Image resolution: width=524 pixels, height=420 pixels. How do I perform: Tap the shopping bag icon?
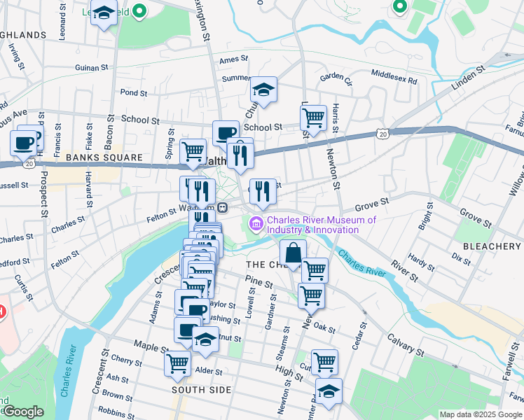point(294,253)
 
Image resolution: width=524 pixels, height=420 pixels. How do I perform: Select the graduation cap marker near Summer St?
point(264,90)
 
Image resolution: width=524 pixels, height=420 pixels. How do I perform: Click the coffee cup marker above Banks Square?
point(23,143)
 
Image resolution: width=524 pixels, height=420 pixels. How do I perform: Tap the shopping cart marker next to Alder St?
point(178,363)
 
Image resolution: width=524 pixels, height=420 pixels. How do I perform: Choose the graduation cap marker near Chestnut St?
point(205,340)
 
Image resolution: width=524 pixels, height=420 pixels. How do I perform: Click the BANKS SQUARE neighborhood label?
point(94,158)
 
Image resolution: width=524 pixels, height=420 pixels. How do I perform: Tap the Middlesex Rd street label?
point(394,72)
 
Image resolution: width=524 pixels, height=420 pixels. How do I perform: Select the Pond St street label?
point(133,92)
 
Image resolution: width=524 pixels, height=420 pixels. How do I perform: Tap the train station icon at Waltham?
point(221,207)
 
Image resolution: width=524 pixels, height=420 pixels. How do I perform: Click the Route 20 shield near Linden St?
point(382,133)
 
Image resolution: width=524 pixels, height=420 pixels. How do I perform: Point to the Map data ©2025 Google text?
point(480,414)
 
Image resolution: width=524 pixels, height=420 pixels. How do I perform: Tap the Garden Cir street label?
point(334,77)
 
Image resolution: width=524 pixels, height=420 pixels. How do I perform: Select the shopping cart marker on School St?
point(313,118)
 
